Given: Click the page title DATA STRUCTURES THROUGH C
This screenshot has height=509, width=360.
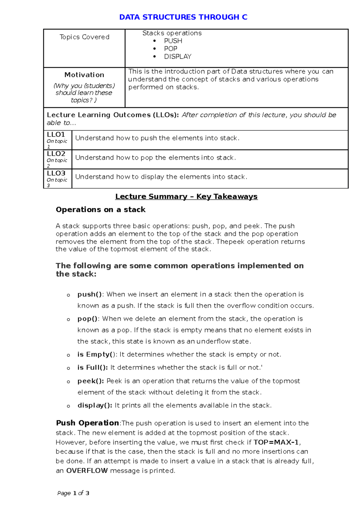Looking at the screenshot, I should coord(183,17).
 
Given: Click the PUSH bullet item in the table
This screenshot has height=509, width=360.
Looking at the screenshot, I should coord(173,41).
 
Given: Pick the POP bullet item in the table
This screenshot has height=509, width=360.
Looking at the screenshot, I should coord(170,49).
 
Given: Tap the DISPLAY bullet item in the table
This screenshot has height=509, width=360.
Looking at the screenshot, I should coord(177,56).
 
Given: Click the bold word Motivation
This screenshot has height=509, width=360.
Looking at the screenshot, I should coord(84,75).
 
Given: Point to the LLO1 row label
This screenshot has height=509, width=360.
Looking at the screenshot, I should coord(56,135).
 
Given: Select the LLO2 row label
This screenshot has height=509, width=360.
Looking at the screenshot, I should coord(56,154).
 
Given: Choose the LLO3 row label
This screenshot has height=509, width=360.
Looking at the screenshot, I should coord(56,173).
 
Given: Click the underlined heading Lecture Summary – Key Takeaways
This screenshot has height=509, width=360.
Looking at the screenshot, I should coord(186,196).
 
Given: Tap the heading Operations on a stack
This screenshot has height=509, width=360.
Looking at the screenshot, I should coord(100,210).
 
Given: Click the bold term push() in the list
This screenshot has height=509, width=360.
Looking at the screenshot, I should coord(89,294).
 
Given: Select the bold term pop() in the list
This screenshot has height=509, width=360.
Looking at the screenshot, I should coord(87,319).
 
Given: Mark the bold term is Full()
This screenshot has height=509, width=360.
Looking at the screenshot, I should coord(92,368).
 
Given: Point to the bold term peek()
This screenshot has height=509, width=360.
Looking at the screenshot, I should coord(91,381).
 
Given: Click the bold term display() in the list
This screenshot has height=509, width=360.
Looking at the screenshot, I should coord(95,405).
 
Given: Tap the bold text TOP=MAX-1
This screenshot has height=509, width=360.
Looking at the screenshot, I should coord(276,442).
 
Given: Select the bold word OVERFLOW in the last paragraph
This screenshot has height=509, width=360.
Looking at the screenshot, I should coord(87,471).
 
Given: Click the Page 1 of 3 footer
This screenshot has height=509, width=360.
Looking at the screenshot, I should coord(73,493).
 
